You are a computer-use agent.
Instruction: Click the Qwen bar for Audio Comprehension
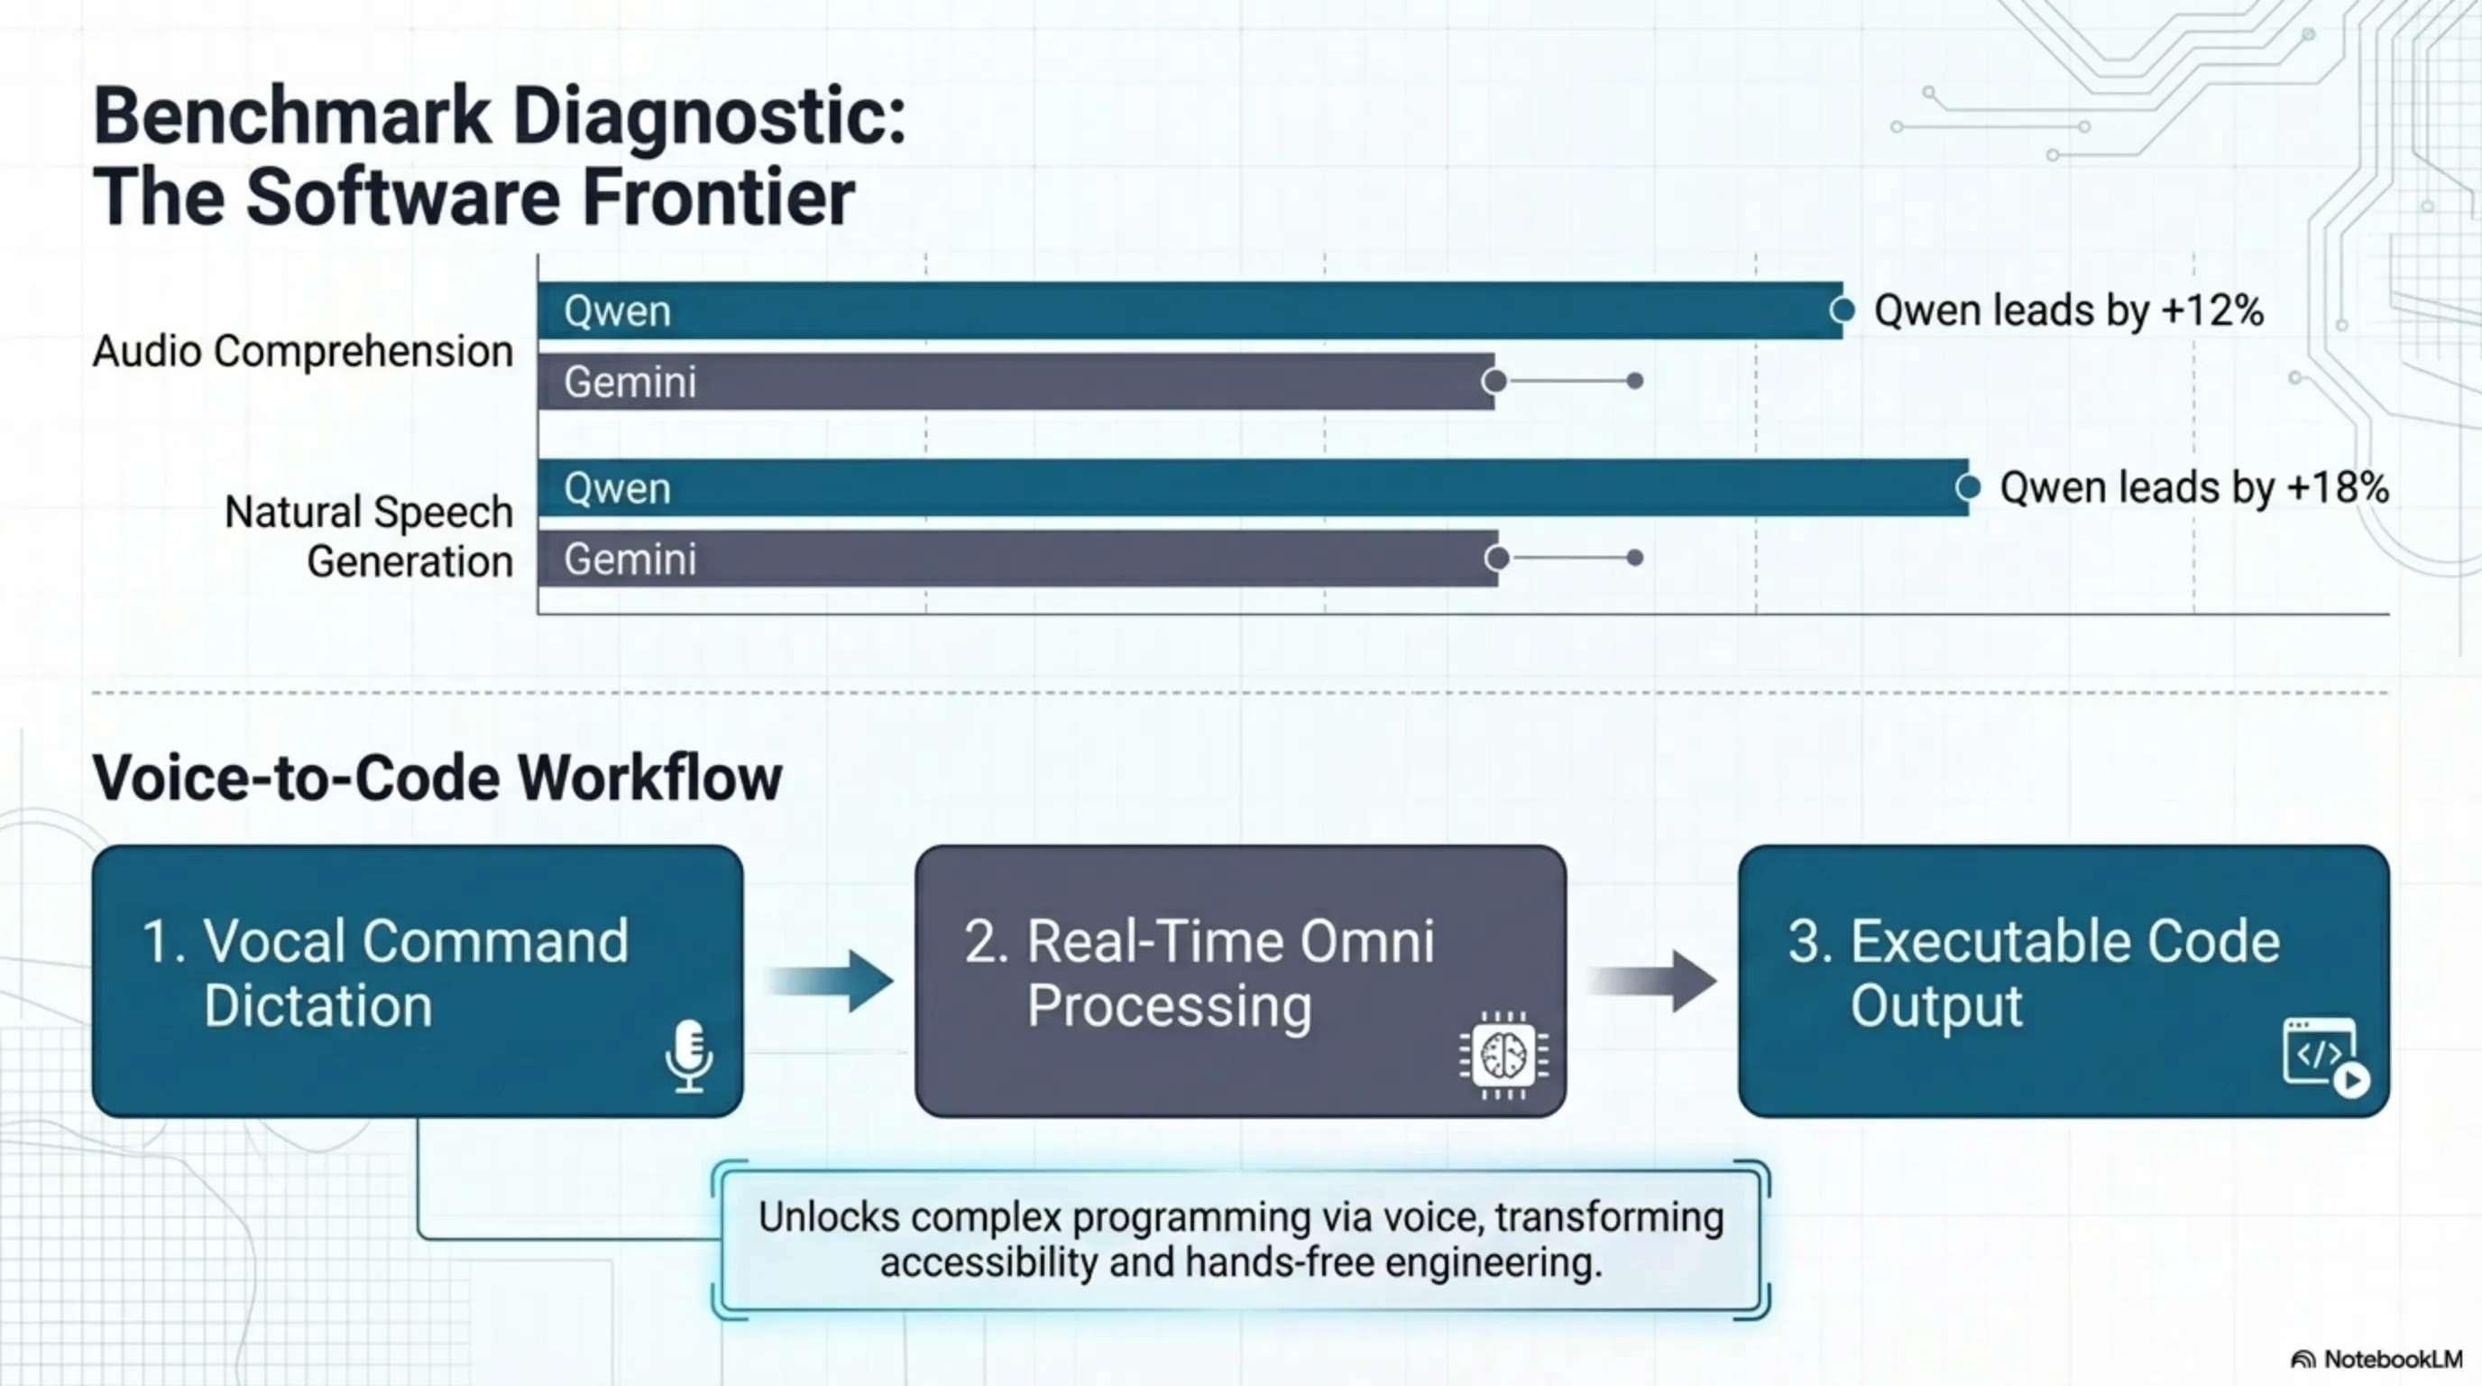1190,310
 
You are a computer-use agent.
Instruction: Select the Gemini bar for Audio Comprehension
1016,382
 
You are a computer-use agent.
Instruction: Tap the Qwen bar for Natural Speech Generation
1253,487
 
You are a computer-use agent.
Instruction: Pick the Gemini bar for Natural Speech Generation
1017,559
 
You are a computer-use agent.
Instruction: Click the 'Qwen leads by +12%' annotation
2068,310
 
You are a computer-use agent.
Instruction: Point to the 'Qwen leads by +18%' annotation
2194,487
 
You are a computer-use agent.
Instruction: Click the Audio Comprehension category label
302,351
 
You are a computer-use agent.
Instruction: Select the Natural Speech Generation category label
369,537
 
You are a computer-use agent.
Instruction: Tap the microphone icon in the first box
689,1057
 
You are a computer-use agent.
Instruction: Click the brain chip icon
1503,1056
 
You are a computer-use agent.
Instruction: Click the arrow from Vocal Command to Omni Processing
831,981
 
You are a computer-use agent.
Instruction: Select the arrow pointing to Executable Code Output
1652,981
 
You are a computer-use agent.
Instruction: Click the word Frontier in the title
718,198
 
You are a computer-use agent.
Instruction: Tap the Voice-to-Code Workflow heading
437,778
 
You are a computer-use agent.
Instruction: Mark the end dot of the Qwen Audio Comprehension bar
1843,310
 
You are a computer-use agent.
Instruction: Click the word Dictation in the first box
318,1006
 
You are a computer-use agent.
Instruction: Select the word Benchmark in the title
291,116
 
